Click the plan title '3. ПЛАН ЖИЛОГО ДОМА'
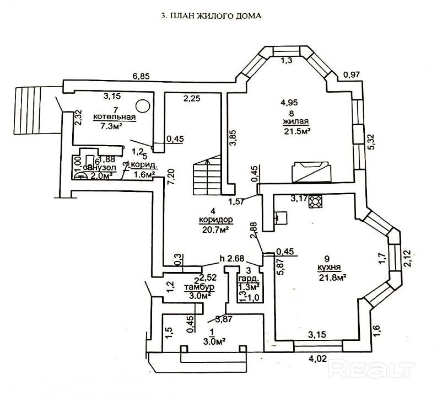point(211,16)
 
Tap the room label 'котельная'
point(114,117)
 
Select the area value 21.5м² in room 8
point(295,131)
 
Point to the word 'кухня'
point(327,267)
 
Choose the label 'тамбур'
point(199,287)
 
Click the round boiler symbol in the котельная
point(142,105)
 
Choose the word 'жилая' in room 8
point(296,121)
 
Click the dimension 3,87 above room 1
point(223,318)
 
